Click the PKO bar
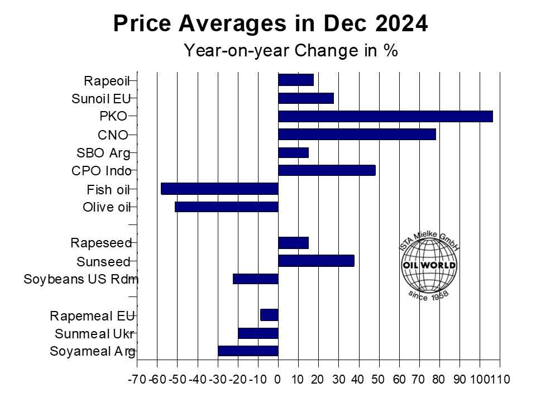click(385, 116)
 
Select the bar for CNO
click(357, 135)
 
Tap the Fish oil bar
click(219, 189)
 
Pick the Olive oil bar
click(226, 207)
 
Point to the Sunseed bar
click(316, 261)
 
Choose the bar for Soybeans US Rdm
click(255, 279)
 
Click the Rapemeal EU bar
click(269, 315)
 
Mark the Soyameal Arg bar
click(248, 351)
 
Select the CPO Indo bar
click(327, 170)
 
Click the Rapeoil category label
click(106, 81)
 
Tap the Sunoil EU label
click(100, 99)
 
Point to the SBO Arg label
click(103, 153)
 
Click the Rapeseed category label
click(100, 243)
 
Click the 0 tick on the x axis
click(277, 380)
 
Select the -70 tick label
click(137, 380)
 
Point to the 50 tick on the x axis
click(378, 380)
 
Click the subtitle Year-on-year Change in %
click(290, 51)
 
